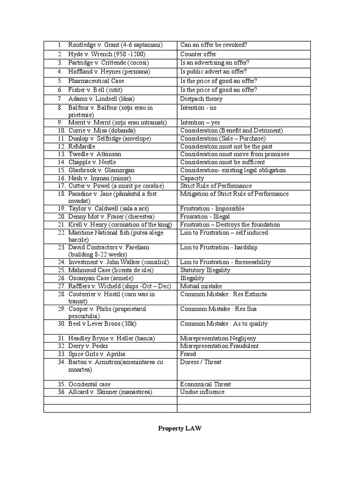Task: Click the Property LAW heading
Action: coord(180,428)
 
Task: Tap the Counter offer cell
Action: coord(198,54)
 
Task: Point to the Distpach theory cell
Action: coord(201,99)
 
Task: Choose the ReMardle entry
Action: coord(82,146)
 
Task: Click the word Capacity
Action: coord(192,178)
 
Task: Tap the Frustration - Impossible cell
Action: coord(212,209)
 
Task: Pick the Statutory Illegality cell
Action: coord(205,270)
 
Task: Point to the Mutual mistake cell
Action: coord(201,286)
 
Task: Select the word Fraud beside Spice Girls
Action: coord(188,354)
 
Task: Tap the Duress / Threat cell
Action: coord(201,362)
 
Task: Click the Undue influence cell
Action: coord(202,392)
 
